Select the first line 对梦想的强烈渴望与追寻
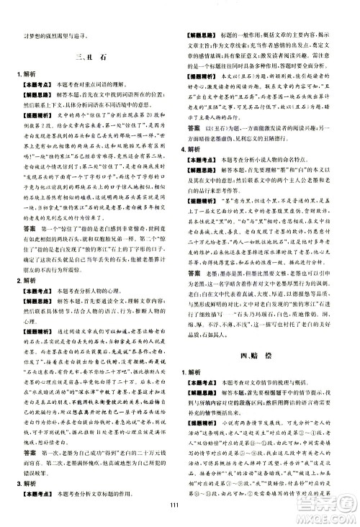(49, 35)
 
